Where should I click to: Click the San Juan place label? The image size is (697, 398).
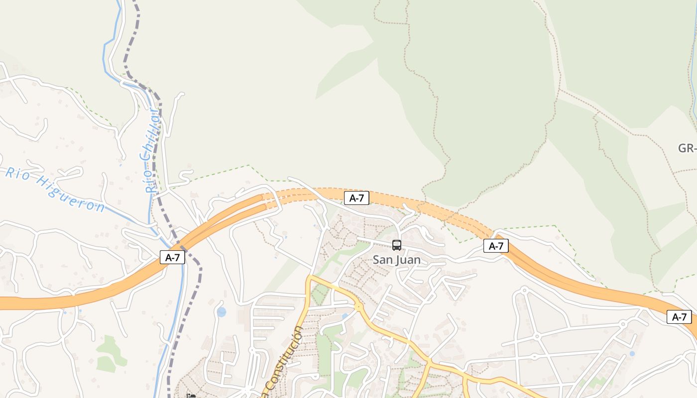[x=396, y=260]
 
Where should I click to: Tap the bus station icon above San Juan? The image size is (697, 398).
[x=396, y=245]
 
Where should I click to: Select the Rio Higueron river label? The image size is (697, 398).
[x=55, y=190]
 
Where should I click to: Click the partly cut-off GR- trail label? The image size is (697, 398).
[x=687, y=148]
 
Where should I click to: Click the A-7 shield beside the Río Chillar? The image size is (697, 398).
[x=172, y=257]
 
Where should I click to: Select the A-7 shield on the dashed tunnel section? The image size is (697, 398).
[x=356, y=198]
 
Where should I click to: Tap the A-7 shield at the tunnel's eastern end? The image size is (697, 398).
[x=496, y=245]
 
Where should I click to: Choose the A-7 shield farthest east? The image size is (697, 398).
[x=679, y=317]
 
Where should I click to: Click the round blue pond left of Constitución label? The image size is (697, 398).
[x=221, y=312]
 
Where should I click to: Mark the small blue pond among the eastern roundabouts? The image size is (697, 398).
[x=632, y=354]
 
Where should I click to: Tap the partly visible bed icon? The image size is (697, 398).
[x=191, y=396]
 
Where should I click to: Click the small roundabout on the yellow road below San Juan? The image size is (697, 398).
[x=358, y=307]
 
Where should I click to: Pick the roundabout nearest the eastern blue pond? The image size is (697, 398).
[x=622, y=324]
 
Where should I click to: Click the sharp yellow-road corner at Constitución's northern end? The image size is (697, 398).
[x=310, y=277]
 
